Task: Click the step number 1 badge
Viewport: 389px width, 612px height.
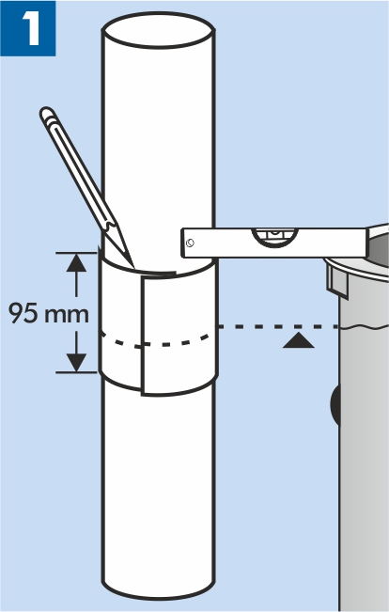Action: [27, 28]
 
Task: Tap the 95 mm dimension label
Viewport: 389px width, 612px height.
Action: [49, 313]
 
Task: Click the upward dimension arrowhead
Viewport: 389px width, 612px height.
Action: [76, 262]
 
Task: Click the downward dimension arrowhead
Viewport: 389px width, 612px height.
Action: [76, 363]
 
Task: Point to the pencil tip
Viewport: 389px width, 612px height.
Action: [132, 266]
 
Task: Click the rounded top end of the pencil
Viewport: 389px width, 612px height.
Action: [47, 113]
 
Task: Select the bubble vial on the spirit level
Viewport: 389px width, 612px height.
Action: [275, 237]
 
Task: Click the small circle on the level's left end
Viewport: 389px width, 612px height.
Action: [191, 243]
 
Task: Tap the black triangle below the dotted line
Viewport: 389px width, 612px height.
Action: [299, 340]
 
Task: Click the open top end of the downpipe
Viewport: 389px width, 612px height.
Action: [158, 30]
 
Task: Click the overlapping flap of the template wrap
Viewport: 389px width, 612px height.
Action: [179, 335]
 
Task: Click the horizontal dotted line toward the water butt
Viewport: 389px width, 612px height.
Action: [278, 326]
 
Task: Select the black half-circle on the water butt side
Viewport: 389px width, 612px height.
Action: [335, 404]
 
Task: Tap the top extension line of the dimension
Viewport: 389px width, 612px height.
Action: [76, 253]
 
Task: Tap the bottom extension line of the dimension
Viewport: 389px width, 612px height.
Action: [76, 372]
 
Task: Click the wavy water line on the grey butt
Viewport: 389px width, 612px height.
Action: [364, 327]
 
